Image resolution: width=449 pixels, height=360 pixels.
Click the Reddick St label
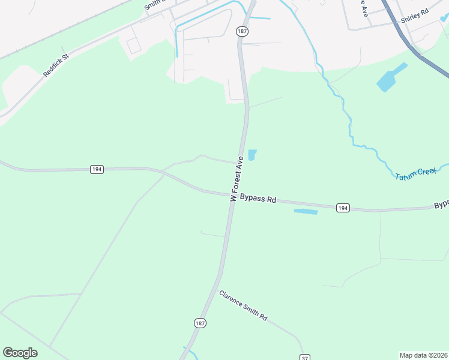56,64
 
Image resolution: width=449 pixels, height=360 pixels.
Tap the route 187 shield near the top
242,31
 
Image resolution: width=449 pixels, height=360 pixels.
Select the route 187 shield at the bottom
200,323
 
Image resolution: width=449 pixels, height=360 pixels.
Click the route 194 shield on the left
97,170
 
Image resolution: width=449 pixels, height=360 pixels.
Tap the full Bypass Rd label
258,198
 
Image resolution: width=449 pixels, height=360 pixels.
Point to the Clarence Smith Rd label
243,305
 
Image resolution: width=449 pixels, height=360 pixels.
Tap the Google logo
20,353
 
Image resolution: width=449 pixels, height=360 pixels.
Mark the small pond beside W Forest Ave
252,155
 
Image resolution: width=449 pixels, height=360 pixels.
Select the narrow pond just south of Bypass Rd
306,211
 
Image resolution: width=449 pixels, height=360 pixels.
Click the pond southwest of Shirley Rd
391,77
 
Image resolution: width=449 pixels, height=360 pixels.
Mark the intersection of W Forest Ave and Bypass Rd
232,195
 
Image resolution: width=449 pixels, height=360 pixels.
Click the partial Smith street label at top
154,5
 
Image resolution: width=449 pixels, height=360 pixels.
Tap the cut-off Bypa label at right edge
441,205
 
